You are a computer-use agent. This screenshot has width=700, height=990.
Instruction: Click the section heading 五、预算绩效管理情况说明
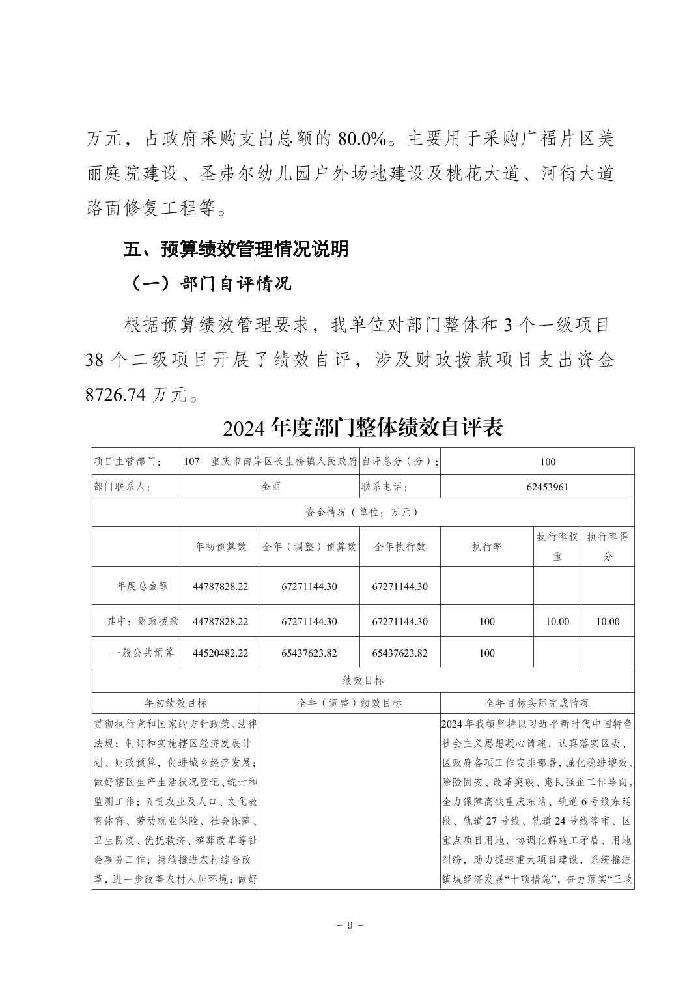coord(236,249)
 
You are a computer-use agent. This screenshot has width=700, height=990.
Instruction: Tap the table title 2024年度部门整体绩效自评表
coord(363,428)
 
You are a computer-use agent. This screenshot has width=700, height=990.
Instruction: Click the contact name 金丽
coord(271,487)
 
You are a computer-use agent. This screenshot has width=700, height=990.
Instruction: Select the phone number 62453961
coord(548,487)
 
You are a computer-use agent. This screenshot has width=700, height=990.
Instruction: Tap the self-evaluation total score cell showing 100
coord(548,462)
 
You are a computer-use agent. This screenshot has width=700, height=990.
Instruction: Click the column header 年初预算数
coord(221,547)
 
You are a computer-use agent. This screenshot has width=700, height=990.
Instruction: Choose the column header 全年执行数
coord(400,547)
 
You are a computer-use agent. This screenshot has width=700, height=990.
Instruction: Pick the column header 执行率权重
coord(557,546)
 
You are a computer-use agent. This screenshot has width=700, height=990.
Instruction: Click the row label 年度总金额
coord(143,586)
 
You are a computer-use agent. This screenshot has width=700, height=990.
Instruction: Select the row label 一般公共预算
coord(143,653)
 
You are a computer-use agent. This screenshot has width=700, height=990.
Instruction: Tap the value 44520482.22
coord(221,653)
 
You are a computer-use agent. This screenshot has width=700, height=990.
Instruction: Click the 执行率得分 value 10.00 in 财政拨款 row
coord(608,622)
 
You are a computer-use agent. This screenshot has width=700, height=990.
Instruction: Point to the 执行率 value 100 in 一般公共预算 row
coord(487,653)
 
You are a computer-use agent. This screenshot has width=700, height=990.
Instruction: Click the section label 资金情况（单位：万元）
coord(363,513)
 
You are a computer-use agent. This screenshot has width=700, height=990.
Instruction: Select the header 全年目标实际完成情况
coord(537,703)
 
